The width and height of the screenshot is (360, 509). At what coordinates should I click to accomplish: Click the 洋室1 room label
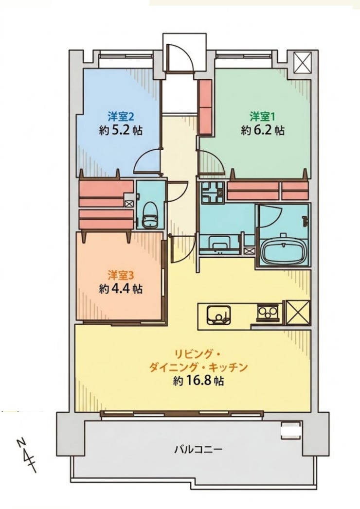coord(260,116)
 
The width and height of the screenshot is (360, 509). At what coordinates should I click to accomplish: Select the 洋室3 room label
coord(121,275)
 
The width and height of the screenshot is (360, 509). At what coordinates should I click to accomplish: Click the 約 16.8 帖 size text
coord(198,381)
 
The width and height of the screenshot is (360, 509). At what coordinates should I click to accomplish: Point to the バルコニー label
coord(198,450)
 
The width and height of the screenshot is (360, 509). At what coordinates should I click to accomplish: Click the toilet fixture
coord(149,216)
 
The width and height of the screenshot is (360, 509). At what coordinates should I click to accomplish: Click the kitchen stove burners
coord(268,313)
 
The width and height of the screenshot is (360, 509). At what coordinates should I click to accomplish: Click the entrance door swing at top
coord(180,58)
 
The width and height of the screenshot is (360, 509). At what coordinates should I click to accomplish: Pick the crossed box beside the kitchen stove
coord(298,312)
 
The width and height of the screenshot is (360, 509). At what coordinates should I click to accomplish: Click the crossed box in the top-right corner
coord(303,62)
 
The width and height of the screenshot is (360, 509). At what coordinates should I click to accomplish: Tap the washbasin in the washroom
coord(219,244)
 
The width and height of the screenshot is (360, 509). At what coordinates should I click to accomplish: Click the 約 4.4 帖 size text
coord(121,289)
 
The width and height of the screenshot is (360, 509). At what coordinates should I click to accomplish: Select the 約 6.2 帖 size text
coord(263,130)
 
